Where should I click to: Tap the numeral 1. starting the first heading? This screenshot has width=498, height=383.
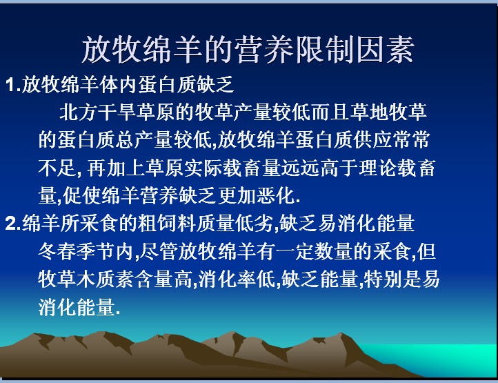[13, 85]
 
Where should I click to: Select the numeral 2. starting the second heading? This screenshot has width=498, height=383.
[13, 223]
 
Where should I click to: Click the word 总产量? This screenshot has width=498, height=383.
[144, 139]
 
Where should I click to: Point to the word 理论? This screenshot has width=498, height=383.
[377, 168]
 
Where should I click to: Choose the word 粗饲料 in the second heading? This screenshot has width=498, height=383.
[167, 223]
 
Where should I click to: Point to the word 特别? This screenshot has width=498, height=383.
[382, 279]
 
